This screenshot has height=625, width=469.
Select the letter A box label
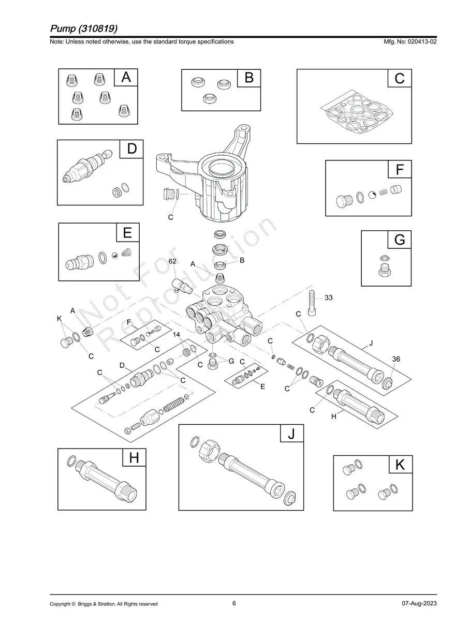click(x=126, y=78)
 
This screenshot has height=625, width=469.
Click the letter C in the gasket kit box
click(x=399, y=79)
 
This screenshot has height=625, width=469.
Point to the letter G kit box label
click(x=399, y=240)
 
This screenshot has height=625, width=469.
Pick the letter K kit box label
click(x=400, y=465)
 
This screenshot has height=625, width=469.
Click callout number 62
click(x=173, y=262)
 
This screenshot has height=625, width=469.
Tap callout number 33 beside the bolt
click(x=329, y=297)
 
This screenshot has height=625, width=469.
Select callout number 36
click(x=396, y=359)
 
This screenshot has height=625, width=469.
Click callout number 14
click(x=177, y=335)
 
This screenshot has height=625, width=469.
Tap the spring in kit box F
click(x=384, y=192)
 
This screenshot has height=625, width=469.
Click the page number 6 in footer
click(x=234, y=603)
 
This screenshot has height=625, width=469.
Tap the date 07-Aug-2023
click(x=419, y=604)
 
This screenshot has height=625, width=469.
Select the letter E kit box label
click(x=127, y=233)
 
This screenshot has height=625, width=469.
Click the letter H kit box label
click(x=134, y=457)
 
